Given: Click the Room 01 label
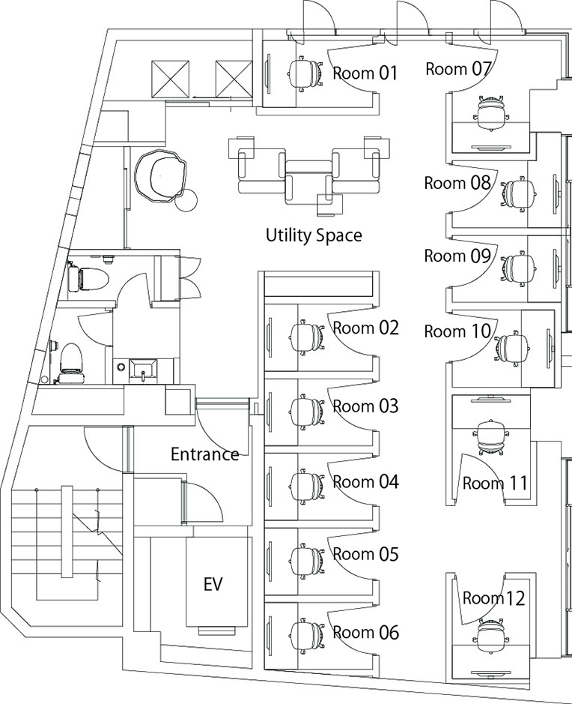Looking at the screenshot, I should (365, 73).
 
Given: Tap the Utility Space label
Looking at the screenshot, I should (314, 235).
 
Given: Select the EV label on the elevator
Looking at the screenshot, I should (213, 584).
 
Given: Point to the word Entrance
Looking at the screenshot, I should (204, 454).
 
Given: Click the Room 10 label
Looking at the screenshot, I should (457, 331).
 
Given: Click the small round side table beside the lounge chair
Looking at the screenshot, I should (187, 200).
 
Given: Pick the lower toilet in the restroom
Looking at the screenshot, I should (69, 359).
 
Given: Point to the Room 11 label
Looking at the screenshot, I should (495, 484).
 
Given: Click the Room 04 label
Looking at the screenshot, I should (365, 481).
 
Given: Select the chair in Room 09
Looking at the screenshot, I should (517, 267).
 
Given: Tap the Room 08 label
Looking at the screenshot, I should (457, 183).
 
